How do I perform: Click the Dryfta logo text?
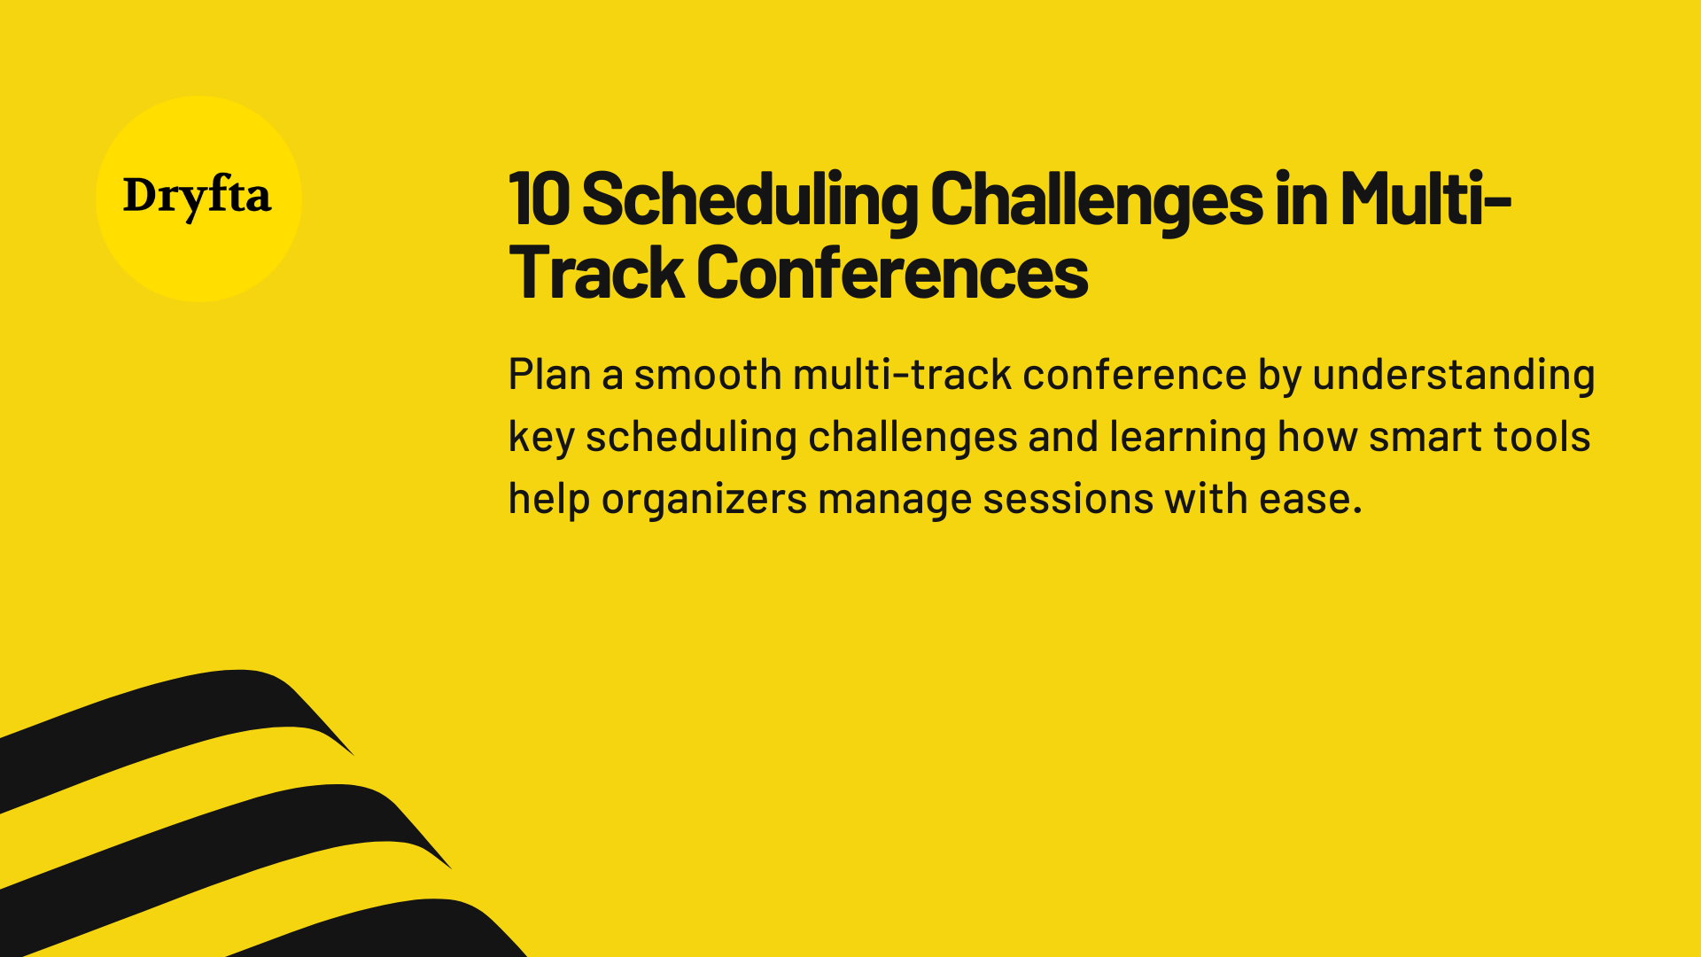(x=197, y=196)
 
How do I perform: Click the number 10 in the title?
(x=539, y=199)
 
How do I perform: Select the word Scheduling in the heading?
(x=750, y=199)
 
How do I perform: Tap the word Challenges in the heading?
(x=1096, y=199)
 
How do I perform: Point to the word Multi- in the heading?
(x=1425, y=199)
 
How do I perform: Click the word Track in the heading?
(x=595, y=273)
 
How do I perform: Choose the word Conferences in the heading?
(x=892, y=273)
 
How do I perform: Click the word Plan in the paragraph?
(x=549, y=374)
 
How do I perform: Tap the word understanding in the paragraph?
(x=1453, y=374)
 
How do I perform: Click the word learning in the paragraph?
(x=1187, y=437)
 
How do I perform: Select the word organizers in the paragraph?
(x=703, y=499)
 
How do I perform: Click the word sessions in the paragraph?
(x=1068, y=499)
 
